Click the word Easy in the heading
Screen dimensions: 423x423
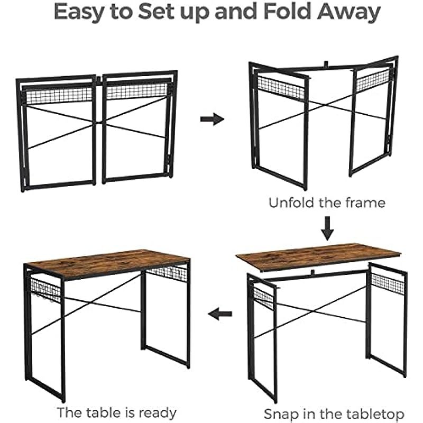point(79,12)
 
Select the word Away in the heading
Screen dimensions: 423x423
point(349,12)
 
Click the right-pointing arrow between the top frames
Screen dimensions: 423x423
point(212,119)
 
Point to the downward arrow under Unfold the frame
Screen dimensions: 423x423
point(327,228)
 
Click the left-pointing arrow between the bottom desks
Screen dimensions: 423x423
point(220,314)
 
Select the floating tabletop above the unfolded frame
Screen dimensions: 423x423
point(318,256)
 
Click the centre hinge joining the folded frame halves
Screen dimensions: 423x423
point(99,80)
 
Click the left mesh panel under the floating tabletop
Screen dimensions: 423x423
point(263,297)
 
